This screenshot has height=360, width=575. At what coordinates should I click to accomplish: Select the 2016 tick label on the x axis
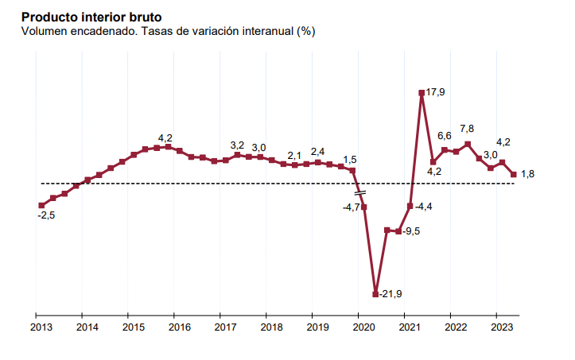[x=179, y=327]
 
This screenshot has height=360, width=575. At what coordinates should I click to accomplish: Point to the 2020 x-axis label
[x=363, y=327]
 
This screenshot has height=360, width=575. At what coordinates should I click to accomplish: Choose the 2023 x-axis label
[x=501, y=327]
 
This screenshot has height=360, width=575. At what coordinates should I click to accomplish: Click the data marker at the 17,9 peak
[x=422, y=93]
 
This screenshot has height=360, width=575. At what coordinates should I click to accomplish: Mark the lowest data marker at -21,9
[x=375, y=294]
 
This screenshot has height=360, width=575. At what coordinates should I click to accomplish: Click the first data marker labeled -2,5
[x=41, y=206]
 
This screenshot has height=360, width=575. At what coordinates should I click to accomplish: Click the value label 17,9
[x=436, y=93]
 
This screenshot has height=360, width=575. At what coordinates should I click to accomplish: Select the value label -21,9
[x=390, y=294]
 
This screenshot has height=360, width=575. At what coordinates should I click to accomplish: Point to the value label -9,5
[x=412, y=231]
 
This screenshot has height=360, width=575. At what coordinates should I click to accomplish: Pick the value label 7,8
[x=468, y=129]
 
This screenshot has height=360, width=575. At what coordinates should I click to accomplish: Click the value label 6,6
[x=445, y=136]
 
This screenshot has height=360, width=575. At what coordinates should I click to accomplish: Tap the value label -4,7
[x=352, y=207]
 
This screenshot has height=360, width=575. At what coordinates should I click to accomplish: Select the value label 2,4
[x=317, y=151]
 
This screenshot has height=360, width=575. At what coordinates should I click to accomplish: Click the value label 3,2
[x=237, y=145]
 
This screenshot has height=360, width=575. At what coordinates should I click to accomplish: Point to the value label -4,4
[x=423, y=207]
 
